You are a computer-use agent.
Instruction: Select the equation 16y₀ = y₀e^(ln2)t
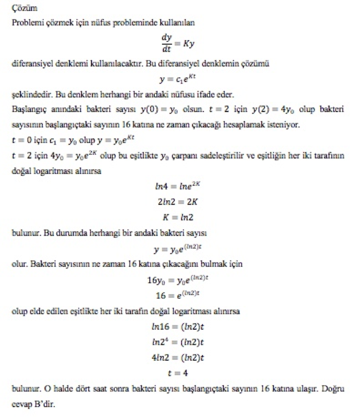pos(180,280)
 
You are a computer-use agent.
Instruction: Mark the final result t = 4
pos(180,373)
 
